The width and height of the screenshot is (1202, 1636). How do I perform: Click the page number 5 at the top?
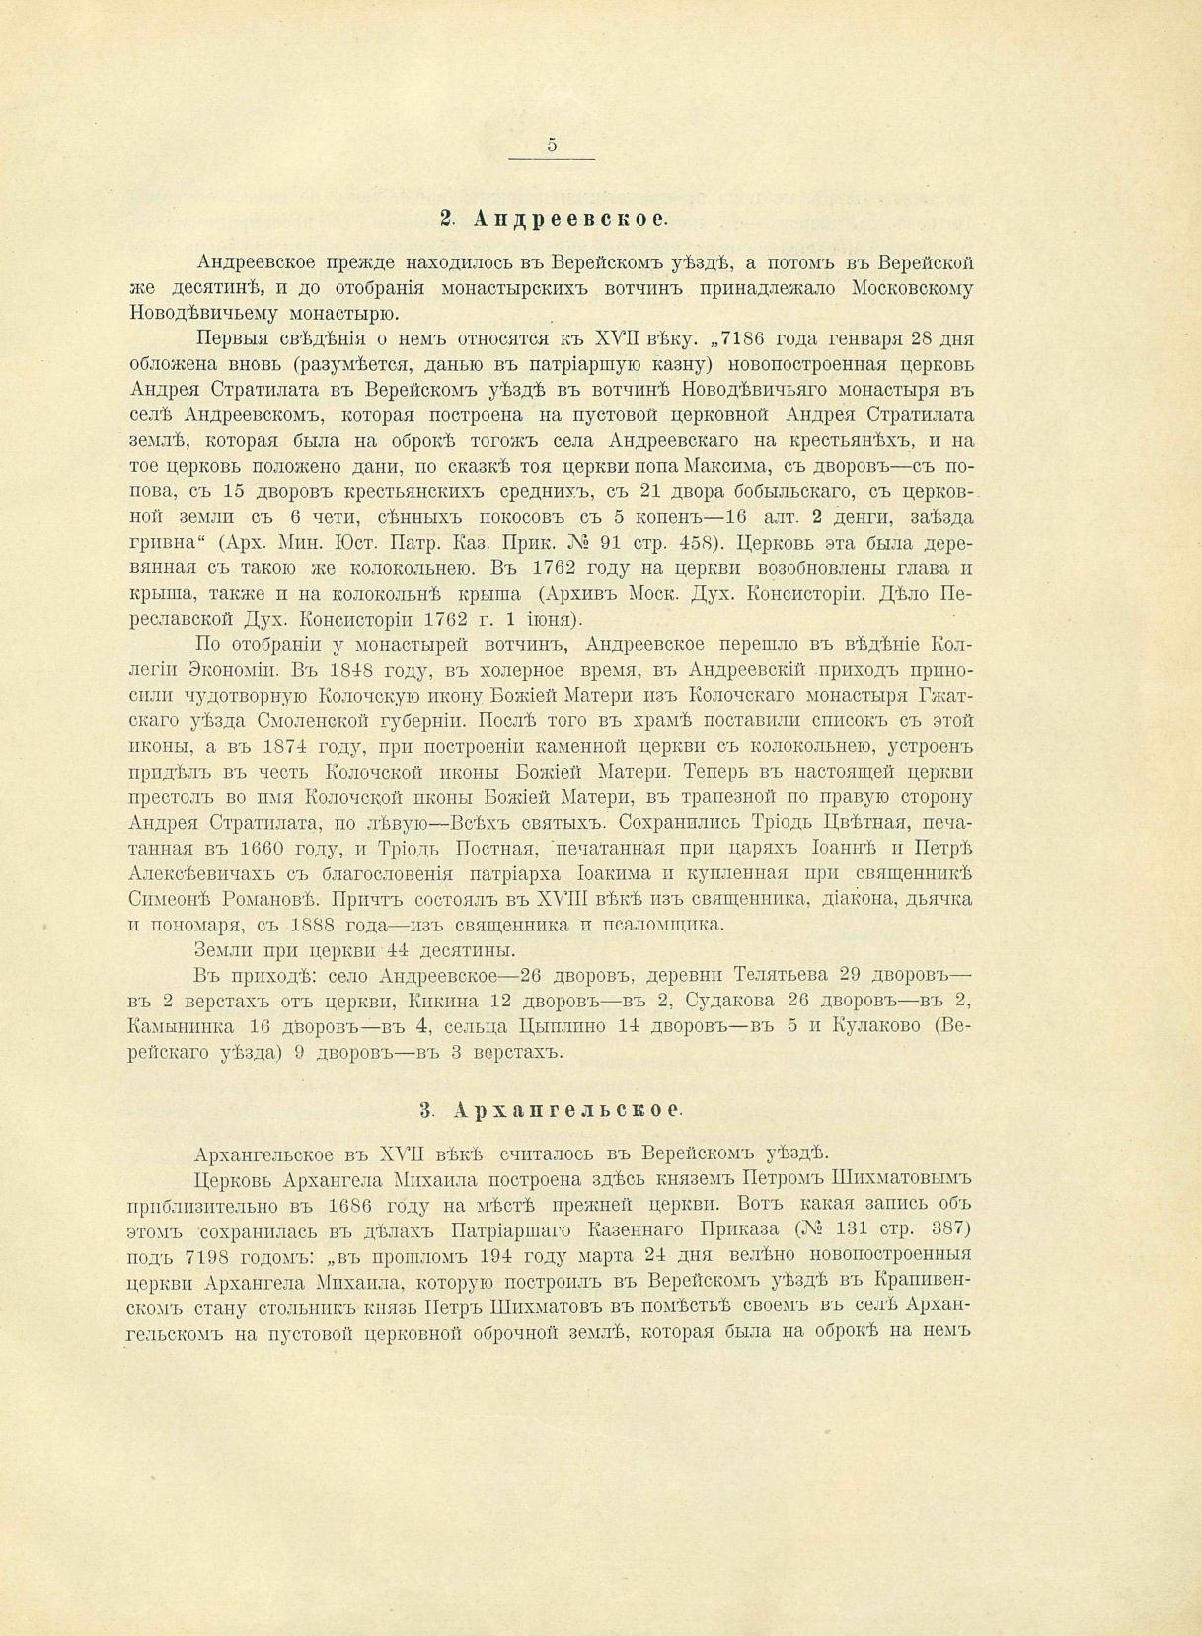click(x=552, y=144)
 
